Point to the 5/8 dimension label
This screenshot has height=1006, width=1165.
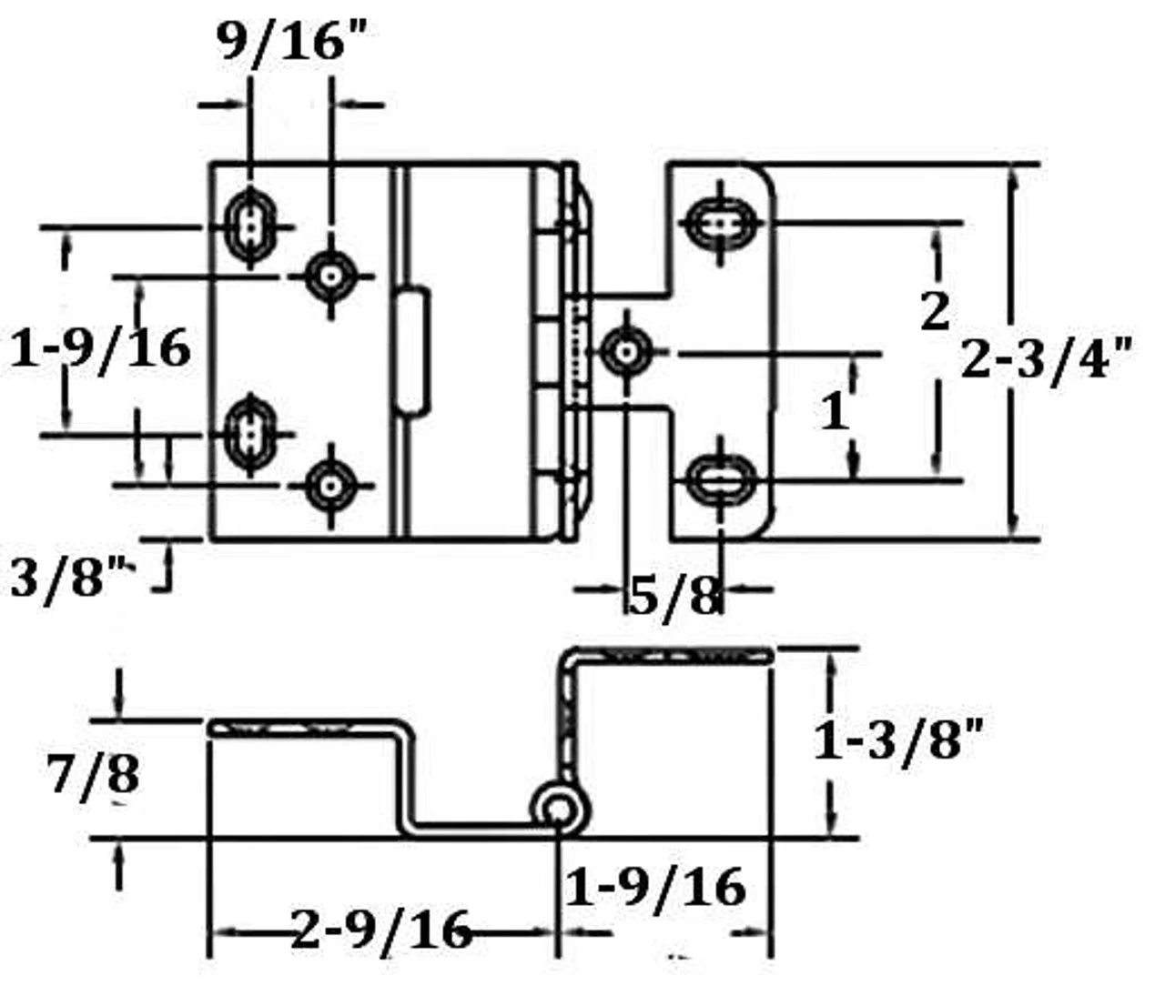[674, 597]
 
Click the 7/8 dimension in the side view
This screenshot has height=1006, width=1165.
[95, 775]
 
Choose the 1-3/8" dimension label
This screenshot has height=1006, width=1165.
[897, 741]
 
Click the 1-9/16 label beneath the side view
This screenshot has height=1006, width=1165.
[655, 886]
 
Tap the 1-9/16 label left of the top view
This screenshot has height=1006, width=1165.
[100, 347]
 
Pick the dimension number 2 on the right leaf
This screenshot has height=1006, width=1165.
[935, 312]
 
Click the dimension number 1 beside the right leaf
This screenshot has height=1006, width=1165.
[834, 411]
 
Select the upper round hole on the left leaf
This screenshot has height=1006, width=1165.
[329, 274]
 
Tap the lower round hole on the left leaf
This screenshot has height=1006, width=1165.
[329, 487]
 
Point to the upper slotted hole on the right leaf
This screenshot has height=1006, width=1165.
[722, 221]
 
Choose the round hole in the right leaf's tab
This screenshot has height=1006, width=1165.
[627, 352]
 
